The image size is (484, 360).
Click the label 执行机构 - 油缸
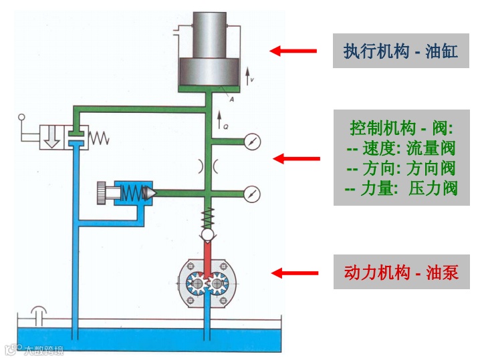coord(400,51)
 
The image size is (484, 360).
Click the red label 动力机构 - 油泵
coord(400,273)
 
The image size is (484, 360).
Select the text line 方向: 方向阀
coord(400,168)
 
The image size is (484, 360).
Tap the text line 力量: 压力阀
coord(400,188)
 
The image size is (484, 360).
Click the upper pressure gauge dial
coord(252,142)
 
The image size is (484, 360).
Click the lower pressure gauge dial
coord(252,193)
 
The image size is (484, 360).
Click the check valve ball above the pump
coord(209,236)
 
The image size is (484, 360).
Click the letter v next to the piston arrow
coord(251,79)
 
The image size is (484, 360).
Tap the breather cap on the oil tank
coord(39,311)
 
